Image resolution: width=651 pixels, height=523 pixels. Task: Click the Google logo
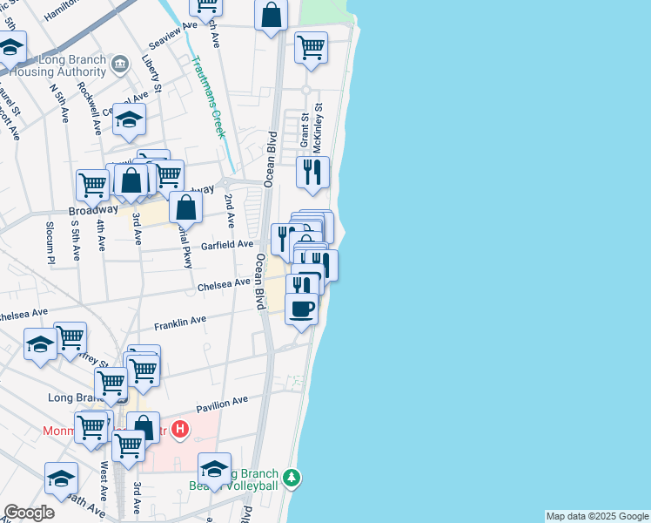[x=29, y=513]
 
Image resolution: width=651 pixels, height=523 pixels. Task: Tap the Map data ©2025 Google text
[x=597, y=516]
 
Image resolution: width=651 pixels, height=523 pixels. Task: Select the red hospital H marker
[x=180, y=429]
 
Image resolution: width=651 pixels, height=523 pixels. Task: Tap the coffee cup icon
[x=301, y=309]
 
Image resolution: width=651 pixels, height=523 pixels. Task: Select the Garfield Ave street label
[x=227, y=246]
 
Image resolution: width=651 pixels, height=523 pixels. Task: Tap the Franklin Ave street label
[x=180, y=323]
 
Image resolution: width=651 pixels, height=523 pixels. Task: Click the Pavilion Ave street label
[x=222, y=403]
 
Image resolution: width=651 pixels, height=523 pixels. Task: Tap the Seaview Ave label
[x=173, y=36]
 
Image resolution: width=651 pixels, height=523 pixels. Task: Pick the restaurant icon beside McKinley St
[x=312, y=172]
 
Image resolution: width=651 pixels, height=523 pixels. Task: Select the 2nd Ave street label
[x=229, y=211]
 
